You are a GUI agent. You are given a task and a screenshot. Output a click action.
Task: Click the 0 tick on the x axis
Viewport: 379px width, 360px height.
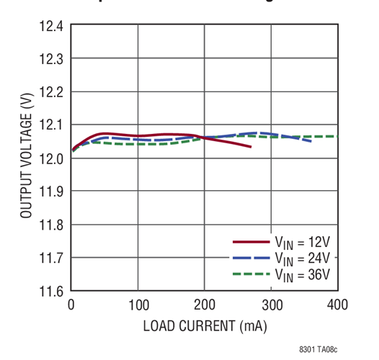coord(71,305)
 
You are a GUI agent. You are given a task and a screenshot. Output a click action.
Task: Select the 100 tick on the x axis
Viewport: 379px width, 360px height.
coord(138,305)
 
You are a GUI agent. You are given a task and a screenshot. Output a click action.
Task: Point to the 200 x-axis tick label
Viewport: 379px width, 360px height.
coord(205,305)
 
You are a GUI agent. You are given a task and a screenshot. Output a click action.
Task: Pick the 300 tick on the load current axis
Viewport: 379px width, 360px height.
coord(271,305)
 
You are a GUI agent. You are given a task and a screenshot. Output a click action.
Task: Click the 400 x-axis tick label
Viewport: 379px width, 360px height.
coord(337,305)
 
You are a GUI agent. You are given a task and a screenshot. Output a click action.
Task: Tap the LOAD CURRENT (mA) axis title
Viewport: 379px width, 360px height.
coord(205,326)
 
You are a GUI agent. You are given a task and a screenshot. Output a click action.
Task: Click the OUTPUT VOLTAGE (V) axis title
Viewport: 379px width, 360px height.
coord(26,158)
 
